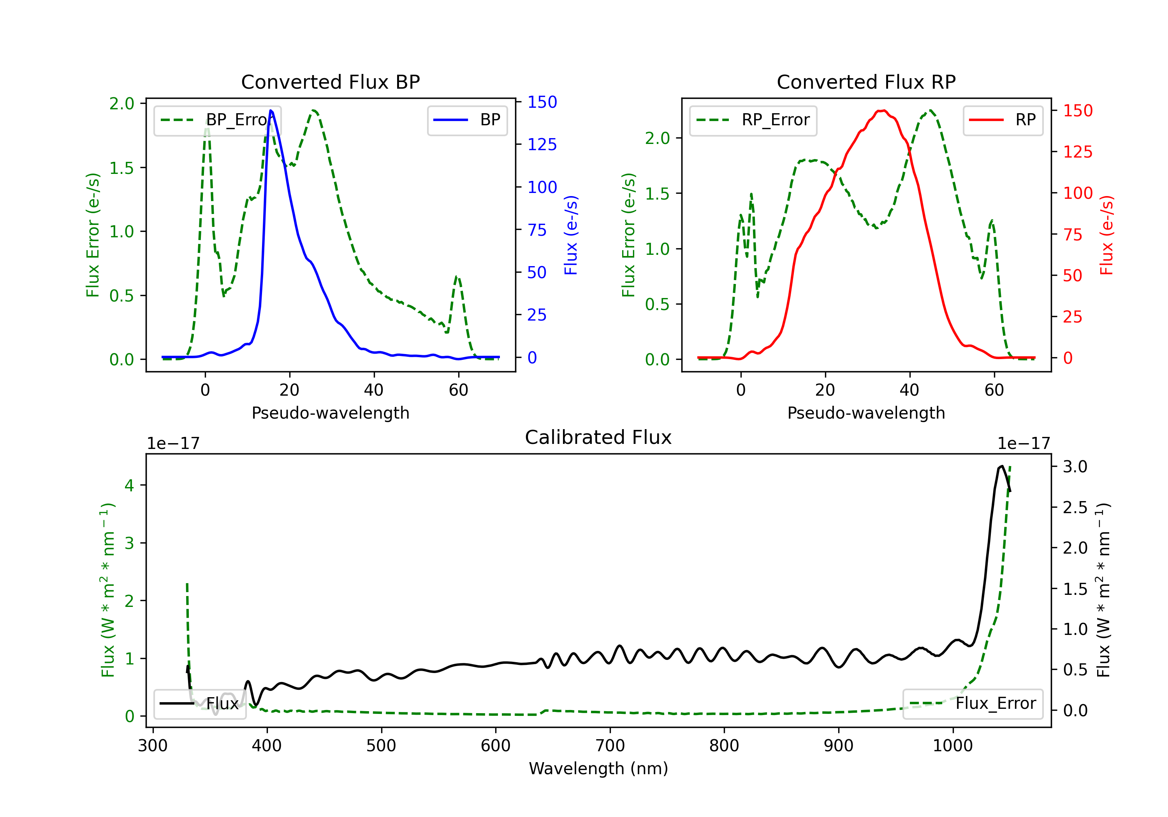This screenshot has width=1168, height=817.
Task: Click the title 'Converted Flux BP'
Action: [330, 82]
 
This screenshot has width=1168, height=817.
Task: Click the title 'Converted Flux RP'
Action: [866, 82]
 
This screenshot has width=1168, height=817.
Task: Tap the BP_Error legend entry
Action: [218, 120]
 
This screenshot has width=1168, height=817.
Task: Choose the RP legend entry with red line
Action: [1003, 120]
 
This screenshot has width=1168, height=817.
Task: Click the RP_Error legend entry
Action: [753, 120]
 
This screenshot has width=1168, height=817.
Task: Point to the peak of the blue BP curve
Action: [271, 110]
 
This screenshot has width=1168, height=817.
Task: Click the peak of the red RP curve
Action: [882, 111]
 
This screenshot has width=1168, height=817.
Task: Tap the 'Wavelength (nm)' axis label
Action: [598, 768]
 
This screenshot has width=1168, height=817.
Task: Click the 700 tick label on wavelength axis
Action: [610, 746]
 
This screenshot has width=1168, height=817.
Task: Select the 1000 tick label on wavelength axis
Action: [952, 746]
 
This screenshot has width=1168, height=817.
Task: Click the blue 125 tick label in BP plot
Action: [542, 145]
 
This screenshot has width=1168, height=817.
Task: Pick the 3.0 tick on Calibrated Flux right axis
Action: [1075, 467]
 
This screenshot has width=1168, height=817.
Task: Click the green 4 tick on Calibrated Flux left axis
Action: [129, 486]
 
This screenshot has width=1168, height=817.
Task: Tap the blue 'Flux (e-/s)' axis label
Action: [571, 235]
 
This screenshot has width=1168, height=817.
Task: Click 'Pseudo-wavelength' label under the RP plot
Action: [866, 413]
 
